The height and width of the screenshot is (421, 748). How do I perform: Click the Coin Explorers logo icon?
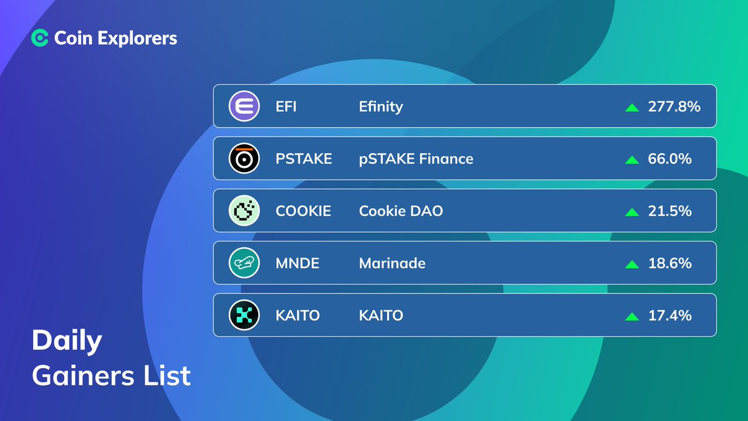coord(40,39)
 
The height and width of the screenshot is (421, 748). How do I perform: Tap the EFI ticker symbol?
coord(286,107)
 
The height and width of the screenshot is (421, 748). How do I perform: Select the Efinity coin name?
coord(381,107)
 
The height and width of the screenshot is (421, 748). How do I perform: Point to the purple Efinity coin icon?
coord(244,107)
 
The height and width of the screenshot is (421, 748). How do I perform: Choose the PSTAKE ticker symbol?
coord(304,159)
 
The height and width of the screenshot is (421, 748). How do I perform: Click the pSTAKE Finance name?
coord(416,159)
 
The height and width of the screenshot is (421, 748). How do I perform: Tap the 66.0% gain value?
coord(670,159)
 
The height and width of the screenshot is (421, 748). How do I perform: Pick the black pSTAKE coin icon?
coord(244,159)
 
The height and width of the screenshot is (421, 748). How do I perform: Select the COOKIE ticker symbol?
coord(304,211)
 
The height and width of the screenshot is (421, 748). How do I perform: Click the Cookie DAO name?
coord(401,211)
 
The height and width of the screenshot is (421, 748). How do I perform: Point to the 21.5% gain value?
coord(670,211)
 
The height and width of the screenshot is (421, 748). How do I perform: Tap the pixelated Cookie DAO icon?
coord(244,211)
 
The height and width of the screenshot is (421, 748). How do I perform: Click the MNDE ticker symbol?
coord(297,263)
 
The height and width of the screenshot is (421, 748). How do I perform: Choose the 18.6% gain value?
coord(670,263)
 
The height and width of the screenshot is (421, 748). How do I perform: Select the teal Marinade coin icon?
coord(244,263)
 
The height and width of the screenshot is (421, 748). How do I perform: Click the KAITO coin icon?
coord(244,316)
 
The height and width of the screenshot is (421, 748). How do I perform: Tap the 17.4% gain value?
coord(670,316)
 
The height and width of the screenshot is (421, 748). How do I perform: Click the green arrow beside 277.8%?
coord(632,107)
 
